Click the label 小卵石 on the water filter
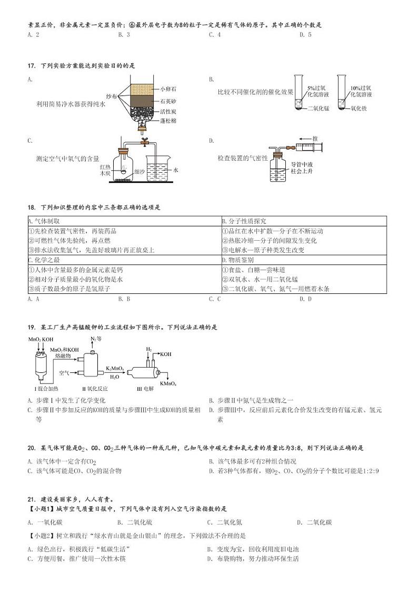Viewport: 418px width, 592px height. pyautogui.click(x=169, y=89)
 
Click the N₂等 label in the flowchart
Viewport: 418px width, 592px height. pyautogui.click(x=95, y=339)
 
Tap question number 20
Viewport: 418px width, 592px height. pyautogui.click(x=31, y=448)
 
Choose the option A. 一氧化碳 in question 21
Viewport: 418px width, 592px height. pyautogui.click(x=45, y=522)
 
